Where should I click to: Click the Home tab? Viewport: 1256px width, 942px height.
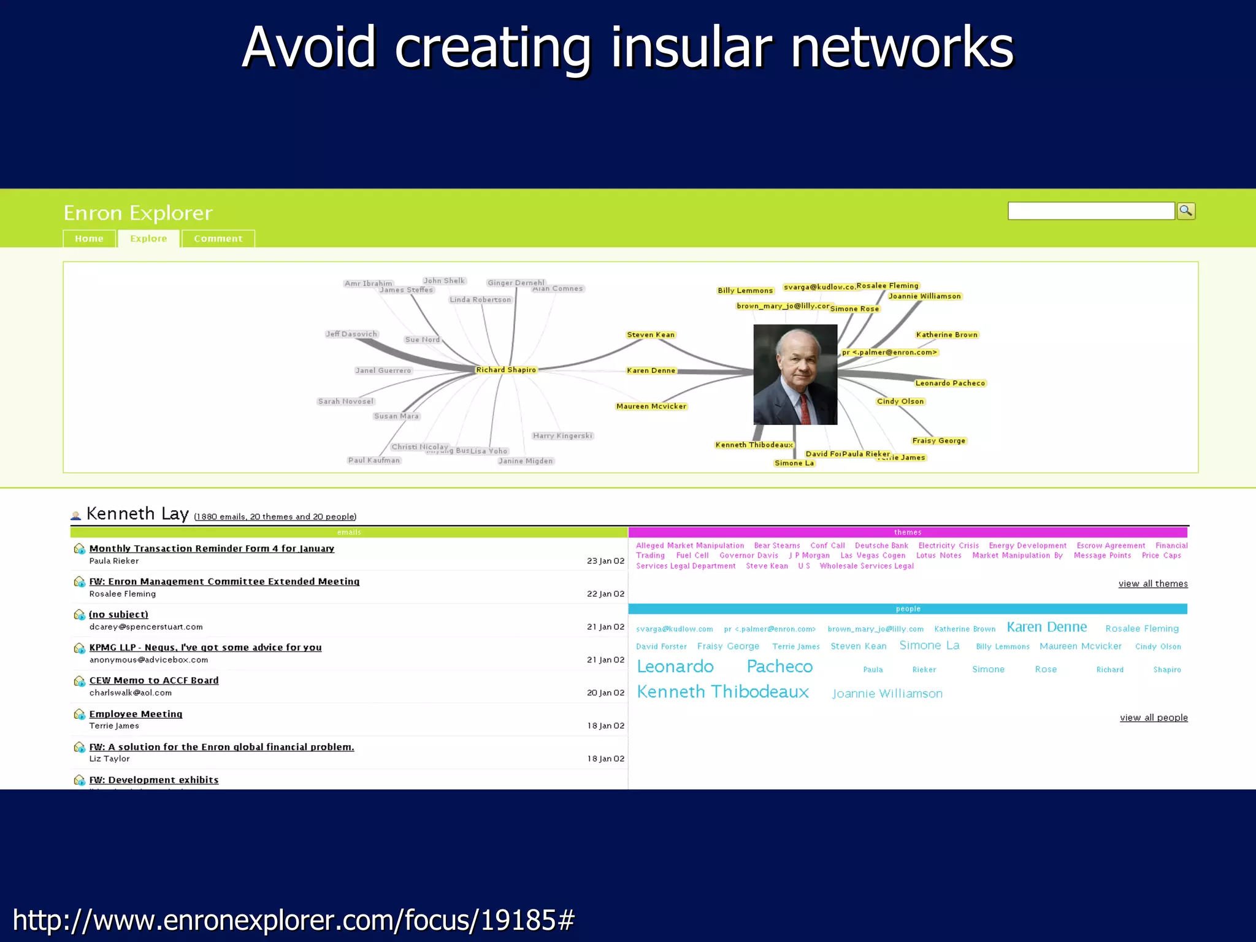(x=89, y=239)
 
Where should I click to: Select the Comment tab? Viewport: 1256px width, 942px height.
(x=218, y=239)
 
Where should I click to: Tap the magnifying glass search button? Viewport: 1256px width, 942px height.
(x=1186, y=211)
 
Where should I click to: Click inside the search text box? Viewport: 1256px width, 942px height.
(x=1090, y=211)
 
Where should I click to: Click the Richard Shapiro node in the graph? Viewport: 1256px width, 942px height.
(x=506, y=370)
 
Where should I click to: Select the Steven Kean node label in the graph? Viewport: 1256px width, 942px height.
(x=651, y=335)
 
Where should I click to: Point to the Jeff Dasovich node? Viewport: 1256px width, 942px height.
(x=351, y=334)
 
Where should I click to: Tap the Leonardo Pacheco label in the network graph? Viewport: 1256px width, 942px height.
(x=950, y=383)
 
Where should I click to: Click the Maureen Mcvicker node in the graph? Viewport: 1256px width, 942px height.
(x=651, y=407)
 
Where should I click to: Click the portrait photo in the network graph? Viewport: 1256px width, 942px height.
(x=795, y=374)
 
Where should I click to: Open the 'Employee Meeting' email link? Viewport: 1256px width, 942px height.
(x=136, y=714)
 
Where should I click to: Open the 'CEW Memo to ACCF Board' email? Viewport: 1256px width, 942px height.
(x=154, y=681)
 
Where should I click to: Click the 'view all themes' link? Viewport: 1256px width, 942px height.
(x=1153, y=584)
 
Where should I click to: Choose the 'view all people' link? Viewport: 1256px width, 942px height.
(x=1154, y=718)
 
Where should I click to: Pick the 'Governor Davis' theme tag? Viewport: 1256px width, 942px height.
(x=749, y=556)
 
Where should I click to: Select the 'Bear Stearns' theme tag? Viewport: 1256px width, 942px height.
(x=777, y=546)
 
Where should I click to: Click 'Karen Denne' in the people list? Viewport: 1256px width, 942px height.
(x=1047, y=627)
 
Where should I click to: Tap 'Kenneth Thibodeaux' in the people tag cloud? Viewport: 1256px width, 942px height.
(x=723, y=692)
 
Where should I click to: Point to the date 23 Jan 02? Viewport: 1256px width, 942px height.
(x=605, y=561)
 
